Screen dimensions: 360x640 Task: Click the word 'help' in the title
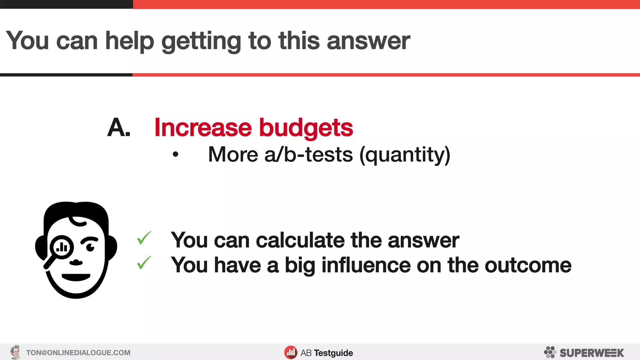point(130,41)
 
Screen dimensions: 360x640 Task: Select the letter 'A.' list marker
point(118,127)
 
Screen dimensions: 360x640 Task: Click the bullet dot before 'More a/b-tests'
point(176,154)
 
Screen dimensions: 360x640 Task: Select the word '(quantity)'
point(405,155)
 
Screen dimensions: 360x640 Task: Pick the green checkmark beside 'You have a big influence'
point(144,263)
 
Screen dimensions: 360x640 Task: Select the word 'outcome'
point(528,265)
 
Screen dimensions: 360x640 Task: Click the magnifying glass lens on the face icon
point(62,247)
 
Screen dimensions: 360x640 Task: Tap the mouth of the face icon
point(76,277)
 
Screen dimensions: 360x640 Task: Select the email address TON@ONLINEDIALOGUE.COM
point(78,353)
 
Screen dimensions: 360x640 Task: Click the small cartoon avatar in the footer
point(15,352)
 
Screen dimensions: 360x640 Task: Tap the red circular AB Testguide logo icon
point(291,352)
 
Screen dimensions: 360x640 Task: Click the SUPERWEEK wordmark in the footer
point(592,353)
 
